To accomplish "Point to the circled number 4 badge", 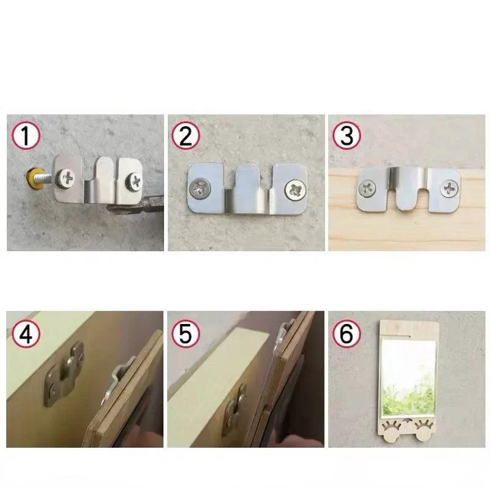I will [x=26, y=334].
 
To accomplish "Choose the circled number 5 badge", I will [x=186, y=334].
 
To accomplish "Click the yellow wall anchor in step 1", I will [x=29, y=176].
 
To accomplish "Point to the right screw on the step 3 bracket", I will [x=450, y=187].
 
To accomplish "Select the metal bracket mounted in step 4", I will [x=63, y=373].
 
